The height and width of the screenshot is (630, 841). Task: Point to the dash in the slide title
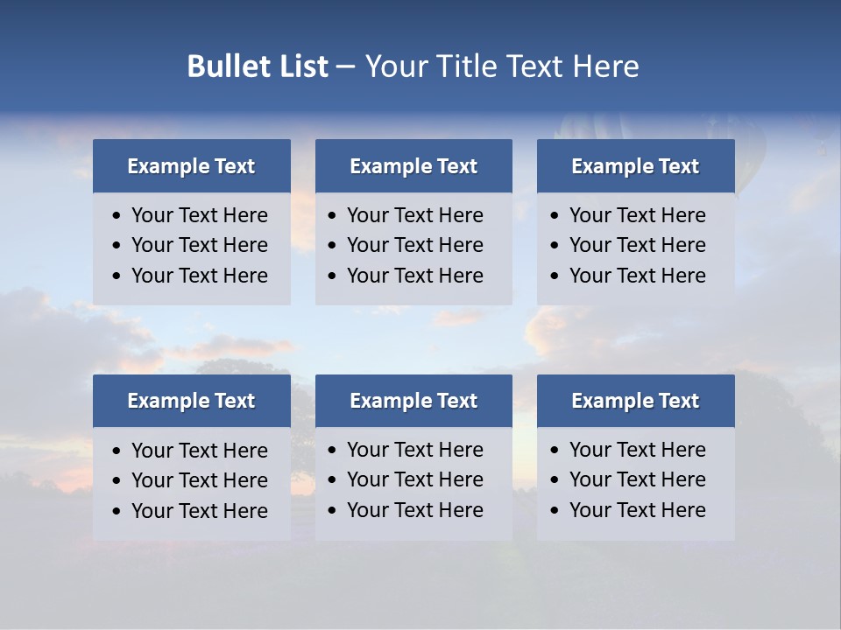pyautogui.click(x=345, y=66)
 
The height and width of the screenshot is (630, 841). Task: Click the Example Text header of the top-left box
pyautogui.click(x=191, y=166)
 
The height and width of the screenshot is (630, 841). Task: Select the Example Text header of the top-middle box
pyautogui.click(x=413, y=166)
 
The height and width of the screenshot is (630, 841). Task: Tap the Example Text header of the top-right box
pyautogui.click(x=635, y=166)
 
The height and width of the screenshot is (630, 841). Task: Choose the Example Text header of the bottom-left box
pyautogui.click(x=191, y=401)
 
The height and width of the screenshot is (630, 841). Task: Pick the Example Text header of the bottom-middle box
pyautogui.click(x=413, y=401)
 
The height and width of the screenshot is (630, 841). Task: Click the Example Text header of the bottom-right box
pyautogui.click(x=635, y=401)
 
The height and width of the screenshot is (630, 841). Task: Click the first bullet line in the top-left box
pyautogui.click(x=199, y=215)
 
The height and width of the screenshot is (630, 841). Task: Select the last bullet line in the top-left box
pyautogui.click(x=199, y=276)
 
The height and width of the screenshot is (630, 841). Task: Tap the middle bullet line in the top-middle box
pyautogui.click(x=414, y=245)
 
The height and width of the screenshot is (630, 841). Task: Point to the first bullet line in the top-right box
pyautogui.click(x=637, y=215)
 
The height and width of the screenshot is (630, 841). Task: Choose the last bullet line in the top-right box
pyautogui.click(x=637, y=276)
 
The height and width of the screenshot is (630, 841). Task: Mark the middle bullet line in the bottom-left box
pyautogui.click(x=199, y=480)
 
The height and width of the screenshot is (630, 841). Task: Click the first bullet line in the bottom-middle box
pyautogui.click(x=414, y=450)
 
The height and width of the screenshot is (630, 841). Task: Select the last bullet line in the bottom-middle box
pyautogui.click(x=414, y=510)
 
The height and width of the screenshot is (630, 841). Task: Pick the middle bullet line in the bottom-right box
pyautogui.click(x=637, y=479)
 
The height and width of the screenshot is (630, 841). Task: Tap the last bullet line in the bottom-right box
pyautogui.click(x=637, y=510)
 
